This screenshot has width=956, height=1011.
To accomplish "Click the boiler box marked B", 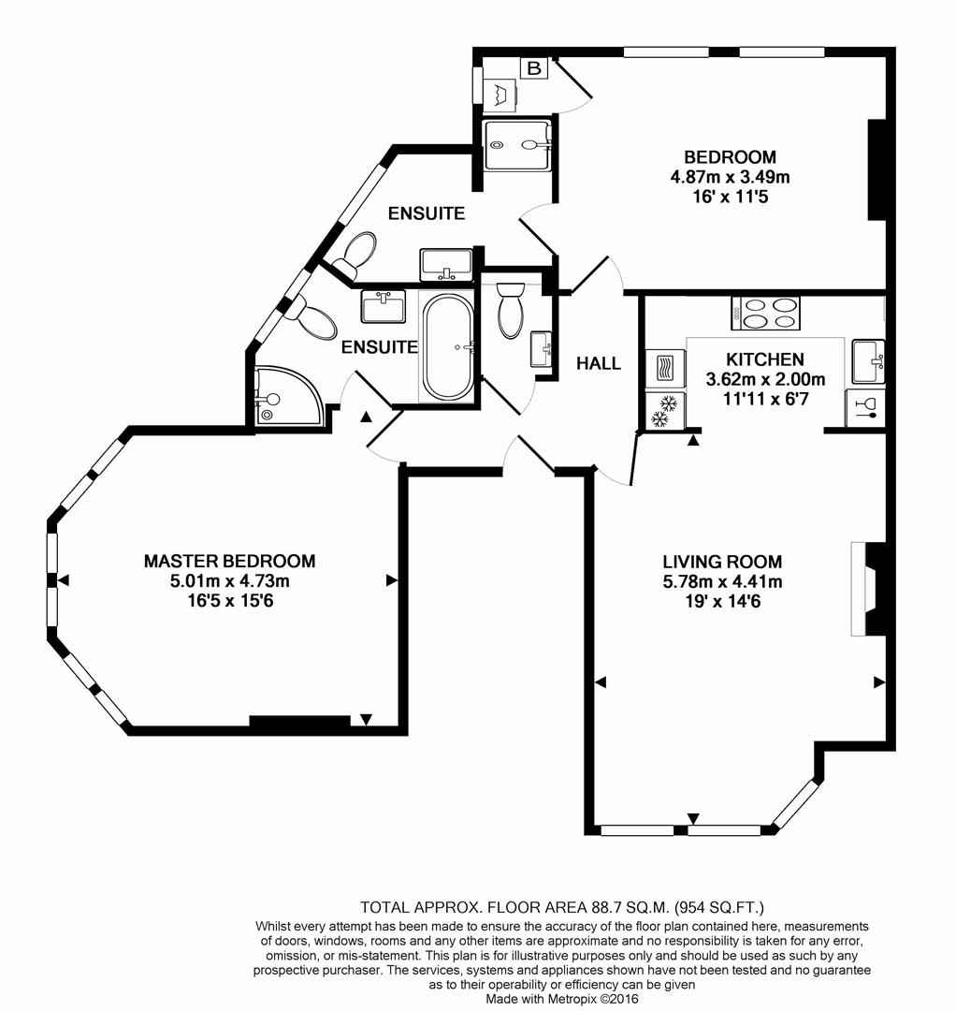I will tap(534, 69).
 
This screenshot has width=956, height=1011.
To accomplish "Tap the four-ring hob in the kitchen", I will tap(767, 313).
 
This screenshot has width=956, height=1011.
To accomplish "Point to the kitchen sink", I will tap(867, 359).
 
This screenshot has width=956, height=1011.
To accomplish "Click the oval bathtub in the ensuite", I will tap(449, 345).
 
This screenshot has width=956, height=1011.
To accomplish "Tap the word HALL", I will tap(599, 363).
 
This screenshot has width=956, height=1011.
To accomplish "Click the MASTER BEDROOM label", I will tap(229, 562).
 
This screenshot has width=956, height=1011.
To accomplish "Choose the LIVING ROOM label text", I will tap(722, 563).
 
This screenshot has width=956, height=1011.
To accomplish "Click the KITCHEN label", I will tap(765, 359).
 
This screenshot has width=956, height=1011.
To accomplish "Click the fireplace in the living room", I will tap(868, 590).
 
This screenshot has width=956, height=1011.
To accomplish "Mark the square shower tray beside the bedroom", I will tap(517, 144).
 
